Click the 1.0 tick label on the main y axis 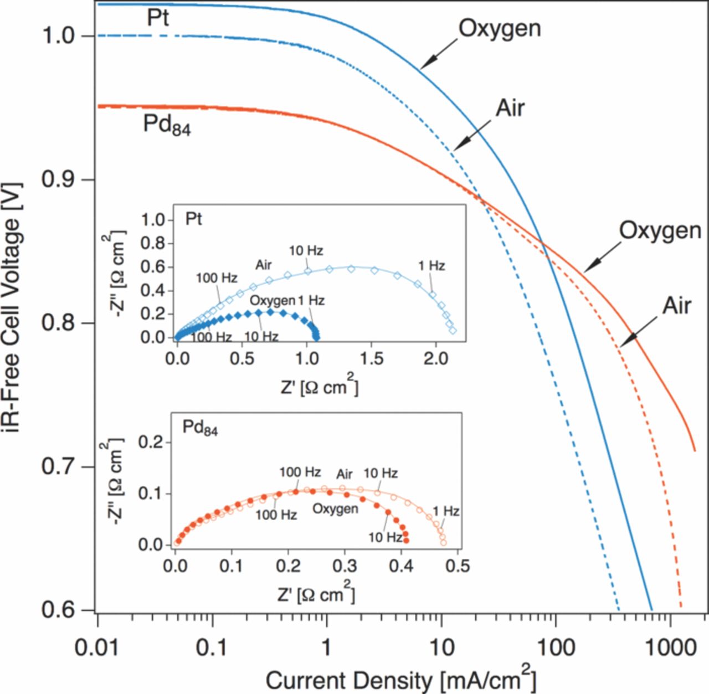(x=58, y=35)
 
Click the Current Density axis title (x=400, y=679)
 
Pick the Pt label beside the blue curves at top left (x=158, y=18)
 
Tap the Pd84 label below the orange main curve (x=167, y=125)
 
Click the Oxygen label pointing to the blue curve (x=500, y=29)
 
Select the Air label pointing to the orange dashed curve (x=677, y=306)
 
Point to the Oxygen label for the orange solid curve (x=660, y=230)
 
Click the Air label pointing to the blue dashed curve (x=510, y=109)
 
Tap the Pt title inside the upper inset (x=193, y=219)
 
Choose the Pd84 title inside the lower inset (x=200, y=428)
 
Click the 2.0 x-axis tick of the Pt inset (x=436, y=358)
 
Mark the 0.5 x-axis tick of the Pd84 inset (x=458, y=566)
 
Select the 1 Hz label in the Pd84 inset (x=446, y=511)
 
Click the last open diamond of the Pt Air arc (x=453, y=331)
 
